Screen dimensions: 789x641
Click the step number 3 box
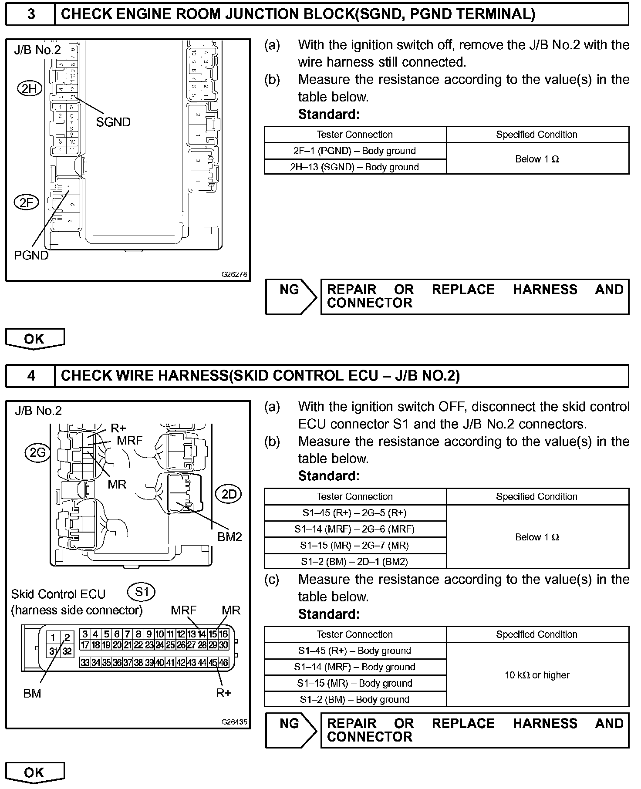point(30,14)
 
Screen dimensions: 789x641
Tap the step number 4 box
point(30,376)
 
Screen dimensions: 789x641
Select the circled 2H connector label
point(30,89)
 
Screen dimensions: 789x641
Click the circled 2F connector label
point(27,202)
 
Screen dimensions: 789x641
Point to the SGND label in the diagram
point(113,122)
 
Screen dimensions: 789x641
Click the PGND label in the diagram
point(31,255)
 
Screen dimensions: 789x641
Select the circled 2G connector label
point(37,453)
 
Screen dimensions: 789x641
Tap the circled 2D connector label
point(229,494)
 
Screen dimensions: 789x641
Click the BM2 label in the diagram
point(229,537)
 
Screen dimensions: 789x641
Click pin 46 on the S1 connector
point(223,663)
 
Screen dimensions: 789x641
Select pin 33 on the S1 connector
point(85,663)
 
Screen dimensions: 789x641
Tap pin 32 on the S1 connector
point(67,651)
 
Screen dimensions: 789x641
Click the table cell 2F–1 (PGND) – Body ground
point(355,151)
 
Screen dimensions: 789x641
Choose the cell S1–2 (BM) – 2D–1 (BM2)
point(355,561)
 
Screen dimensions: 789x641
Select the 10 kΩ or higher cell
point(537,675)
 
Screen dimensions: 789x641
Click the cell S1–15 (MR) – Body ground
point(355,683)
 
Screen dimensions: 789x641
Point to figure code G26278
point(234,274)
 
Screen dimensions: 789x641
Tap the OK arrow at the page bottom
point(34,773)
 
